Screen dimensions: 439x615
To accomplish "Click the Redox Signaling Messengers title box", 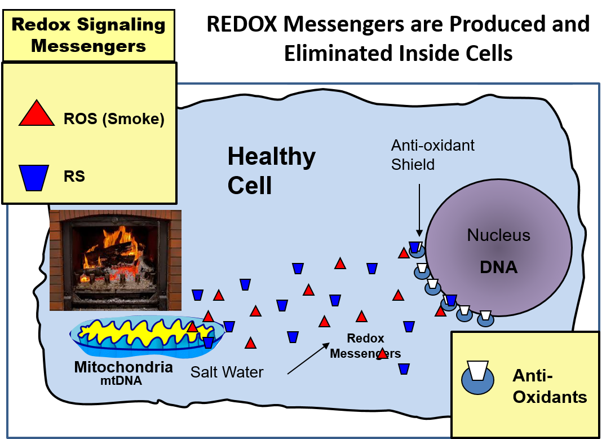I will click(89, 35).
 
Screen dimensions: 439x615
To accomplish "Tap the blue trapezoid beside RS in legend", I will click(34, 177).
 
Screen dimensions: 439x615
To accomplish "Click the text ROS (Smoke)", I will click(114, 120).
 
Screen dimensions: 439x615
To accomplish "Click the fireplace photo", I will click(116, 260).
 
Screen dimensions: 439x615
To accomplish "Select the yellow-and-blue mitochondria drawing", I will click(145, 337).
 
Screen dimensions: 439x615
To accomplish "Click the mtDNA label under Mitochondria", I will click(123, 380).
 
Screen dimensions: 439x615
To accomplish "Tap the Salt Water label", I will click(227, 372).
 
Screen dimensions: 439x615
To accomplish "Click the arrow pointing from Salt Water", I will click(308, 357).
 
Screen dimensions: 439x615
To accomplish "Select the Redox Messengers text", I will click(365, 346).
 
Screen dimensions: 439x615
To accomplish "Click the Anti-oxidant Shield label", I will click(432, 155).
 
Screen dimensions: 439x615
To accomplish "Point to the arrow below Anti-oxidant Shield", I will click(419, 209).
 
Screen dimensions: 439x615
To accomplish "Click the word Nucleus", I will click(498, 235).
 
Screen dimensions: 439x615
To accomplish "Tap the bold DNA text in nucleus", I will click(498, 267).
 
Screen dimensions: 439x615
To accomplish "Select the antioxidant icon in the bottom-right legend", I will click(477, 377).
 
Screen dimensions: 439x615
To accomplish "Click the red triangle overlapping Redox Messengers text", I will click(382, 353).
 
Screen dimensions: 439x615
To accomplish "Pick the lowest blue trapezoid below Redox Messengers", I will click(404, 369).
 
